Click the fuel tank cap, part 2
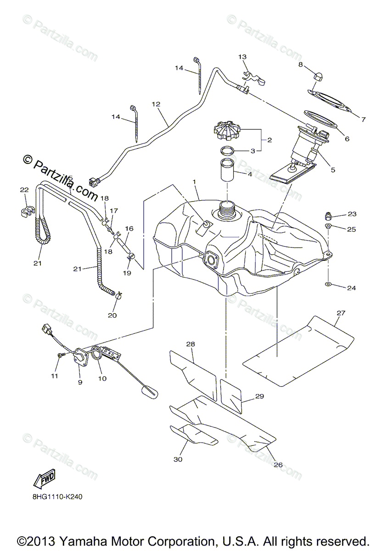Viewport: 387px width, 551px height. [227, 129]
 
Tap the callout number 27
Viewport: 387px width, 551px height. [340, 313]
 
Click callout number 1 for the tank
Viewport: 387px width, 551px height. [195, 182]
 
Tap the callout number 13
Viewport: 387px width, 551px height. [242, 56]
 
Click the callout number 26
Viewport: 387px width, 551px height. [278, 464]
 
